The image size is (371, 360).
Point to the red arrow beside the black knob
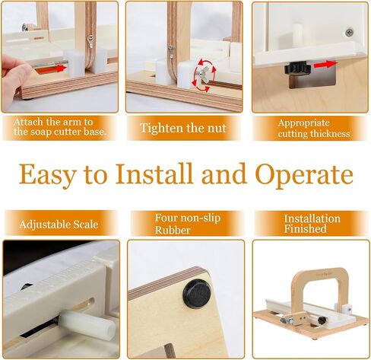[325, 65]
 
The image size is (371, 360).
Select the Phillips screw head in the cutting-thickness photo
[350, 33]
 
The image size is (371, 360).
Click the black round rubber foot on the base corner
[197, 294]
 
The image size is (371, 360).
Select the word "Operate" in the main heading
[304, 175]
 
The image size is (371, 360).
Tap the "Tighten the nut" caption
[183, 128]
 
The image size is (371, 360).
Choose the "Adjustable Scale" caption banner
[61, 224]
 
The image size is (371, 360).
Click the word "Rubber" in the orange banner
[173, 230]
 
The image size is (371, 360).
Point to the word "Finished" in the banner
[305, 228]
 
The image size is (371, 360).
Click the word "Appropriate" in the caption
[303, 123]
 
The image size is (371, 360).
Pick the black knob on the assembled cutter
[322, 320]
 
